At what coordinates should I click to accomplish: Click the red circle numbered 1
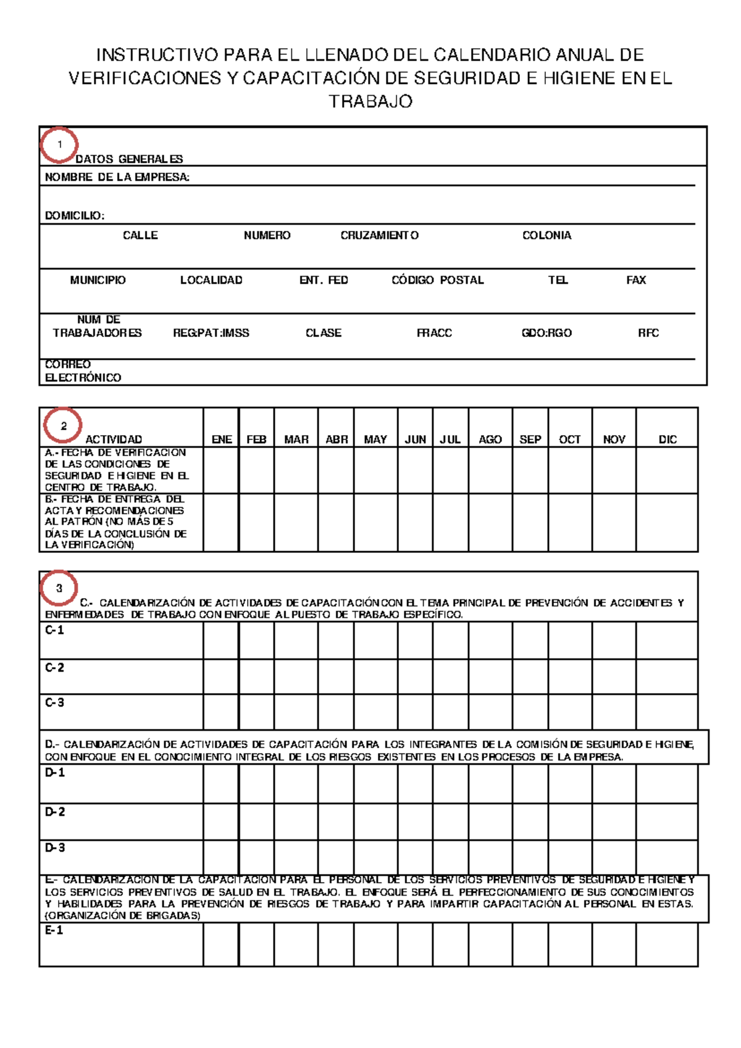click(59, 145)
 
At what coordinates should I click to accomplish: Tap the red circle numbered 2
click(63, 426)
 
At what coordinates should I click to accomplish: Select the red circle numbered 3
click(59, 588)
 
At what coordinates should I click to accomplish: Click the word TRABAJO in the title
click(370, 102)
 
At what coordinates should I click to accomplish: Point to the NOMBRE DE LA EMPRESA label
click(117, 177)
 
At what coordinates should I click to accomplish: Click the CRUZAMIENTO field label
click(379, 235)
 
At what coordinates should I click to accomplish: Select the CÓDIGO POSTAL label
click(437, 280)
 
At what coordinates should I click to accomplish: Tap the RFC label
click(648, 333)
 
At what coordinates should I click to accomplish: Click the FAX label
click(636, 280)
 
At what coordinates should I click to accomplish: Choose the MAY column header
click(375, 439)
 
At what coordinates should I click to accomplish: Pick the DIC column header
click(668, 439)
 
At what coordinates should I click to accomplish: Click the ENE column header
click(222, 439)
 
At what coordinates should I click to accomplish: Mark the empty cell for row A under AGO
click(490, 470)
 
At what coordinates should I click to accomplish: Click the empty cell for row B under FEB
click(256, 522)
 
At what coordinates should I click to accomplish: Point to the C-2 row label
click(54, 668)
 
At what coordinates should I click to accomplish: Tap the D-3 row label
click(54, 848)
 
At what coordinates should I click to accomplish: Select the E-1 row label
click(54, 931)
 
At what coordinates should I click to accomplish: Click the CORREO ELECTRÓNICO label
click(83, 371)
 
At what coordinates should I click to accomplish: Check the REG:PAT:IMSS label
click(211, 333)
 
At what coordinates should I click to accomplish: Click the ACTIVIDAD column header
click(114, 439)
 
